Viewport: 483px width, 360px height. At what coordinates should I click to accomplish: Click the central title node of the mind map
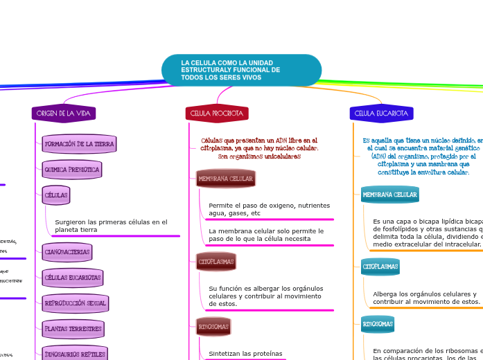[241, 71]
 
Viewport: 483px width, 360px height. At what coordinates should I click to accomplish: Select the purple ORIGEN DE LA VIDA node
[64, 113]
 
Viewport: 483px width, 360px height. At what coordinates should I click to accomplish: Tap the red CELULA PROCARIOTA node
[217, 113]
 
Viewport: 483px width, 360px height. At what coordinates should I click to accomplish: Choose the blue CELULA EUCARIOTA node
[381, 113]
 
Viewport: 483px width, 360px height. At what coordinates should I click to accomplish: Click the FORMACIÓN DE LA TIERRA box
[79, 144]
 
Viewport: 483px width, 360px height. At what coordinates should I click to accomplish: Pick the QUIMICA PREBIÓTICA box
[72, 170]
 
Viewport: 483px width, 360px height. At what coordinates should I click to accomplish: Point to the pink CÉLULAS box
[56, 195]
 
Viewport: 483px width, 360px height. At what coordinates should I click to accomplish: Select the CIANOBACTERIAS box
[67, 253]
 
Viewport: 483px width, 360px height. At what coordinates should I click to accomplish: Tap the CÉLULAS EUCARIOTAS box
[73, 278]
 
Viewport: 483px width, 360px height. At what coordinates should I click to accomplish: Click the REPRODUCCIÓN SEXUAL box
[76, 303]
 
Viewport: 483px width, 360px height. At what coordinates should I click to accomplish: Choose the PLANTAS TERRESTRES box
[73, 329]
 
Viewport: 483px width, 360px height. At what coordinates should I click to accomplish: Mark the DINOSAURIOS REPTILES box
[75, 354]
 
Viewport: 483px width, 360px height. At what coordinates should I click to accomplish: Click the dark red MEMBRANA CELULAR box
[226, 179]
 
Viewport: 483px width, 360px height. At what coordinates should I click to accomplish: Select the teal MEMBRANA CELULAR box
[390, 195]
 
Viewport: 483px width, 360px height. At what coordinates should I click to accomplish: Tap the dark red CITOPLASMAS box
[216, 262]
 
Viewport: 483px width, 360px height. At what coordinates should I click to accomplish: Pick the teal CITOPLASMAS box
[380, 267]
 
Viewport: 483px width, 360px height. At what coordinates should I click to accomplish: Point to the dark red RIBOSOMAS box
[213, 326]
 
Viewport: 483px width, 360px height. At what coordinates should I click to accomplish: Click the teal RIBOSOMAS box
[378, 324]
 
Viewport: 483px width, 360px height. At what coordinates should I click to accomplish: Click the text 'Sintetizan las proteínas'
[245, 354]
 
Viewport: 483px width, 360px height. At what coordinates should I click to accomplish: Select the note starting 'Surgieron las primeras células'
[111, 226]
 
